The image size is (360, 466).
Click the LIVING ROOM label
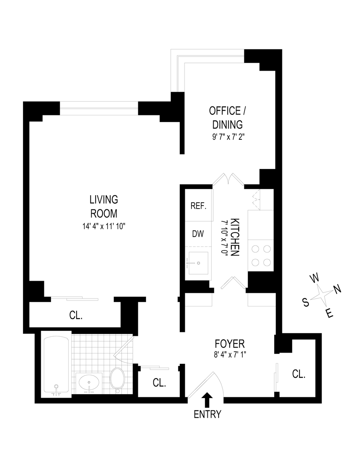(x=104, y=207)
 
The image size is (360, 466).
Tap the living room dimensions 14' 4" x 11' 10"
(x=104, y=226)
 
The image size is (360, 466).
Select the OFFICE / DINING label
(x=228, y=118)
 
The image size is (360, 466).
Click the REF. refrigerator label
(x=198, y=206)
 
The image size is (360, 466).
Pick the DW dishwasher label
(x=198, y=234)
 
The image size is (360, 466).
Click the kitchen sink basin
(x=198, y=263)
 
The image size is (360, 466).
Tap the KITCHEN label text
(x=235, y=237)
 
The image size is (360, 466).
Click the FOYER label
(x=230, y=344)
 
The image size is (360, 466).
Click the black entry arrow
(x=207, y=400)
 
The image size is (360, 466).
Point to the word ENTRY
(x=207, y=414)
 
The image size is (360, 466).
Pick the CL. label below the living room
(x=76, y=315)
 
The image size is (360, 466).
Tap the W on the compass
(x=315, y=278)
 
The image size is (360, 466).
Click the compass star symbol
(x=321, y=297)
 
